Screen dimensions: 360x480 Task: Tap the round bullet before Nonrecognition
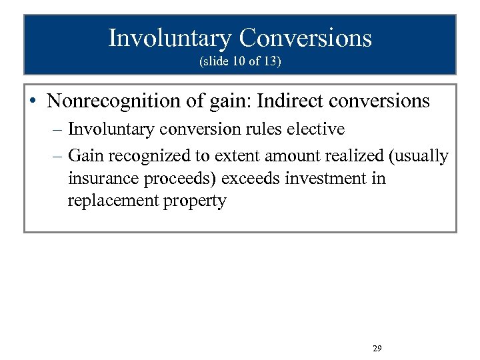point(33,102)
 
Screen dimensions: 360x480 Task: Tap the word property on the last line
point(193,201)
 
